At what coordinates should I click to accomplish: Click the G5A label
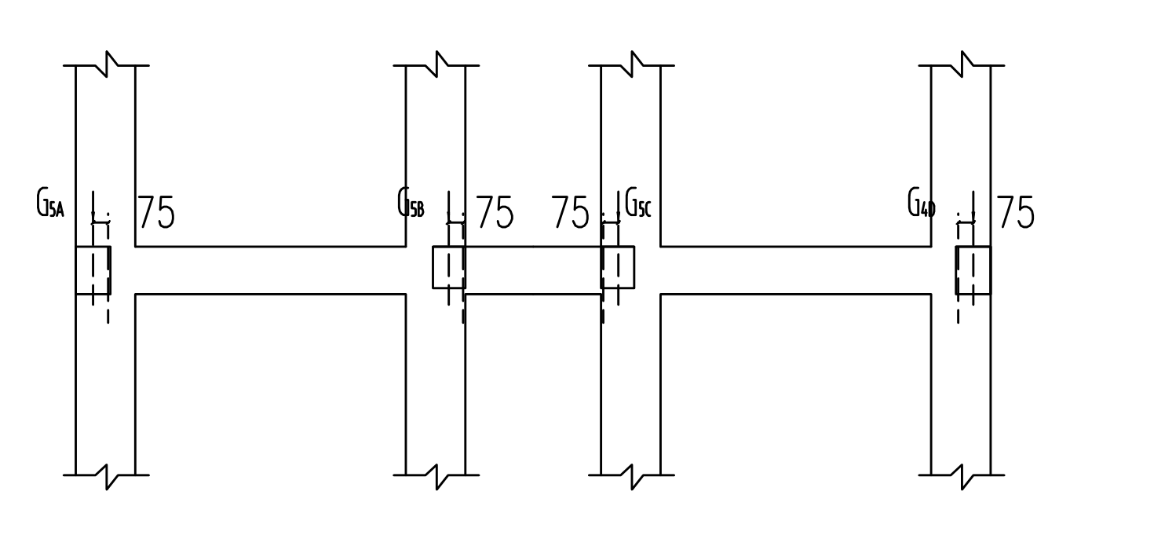[50, 203]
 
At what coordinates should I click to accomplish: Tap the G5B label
[411, 202]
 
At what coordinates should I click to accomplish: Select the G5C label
[637, 202]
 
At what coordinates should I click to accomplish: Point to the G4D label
[921, 202]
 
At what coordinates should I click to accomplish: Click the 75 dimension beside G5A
[157, 212]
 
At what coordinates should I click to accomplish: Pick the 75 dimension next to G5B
[495, 212]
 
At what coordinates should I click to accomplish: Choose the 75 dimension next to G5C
[570, 212]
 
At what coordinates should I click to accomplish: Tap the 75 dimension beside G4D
[1015, 212]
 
